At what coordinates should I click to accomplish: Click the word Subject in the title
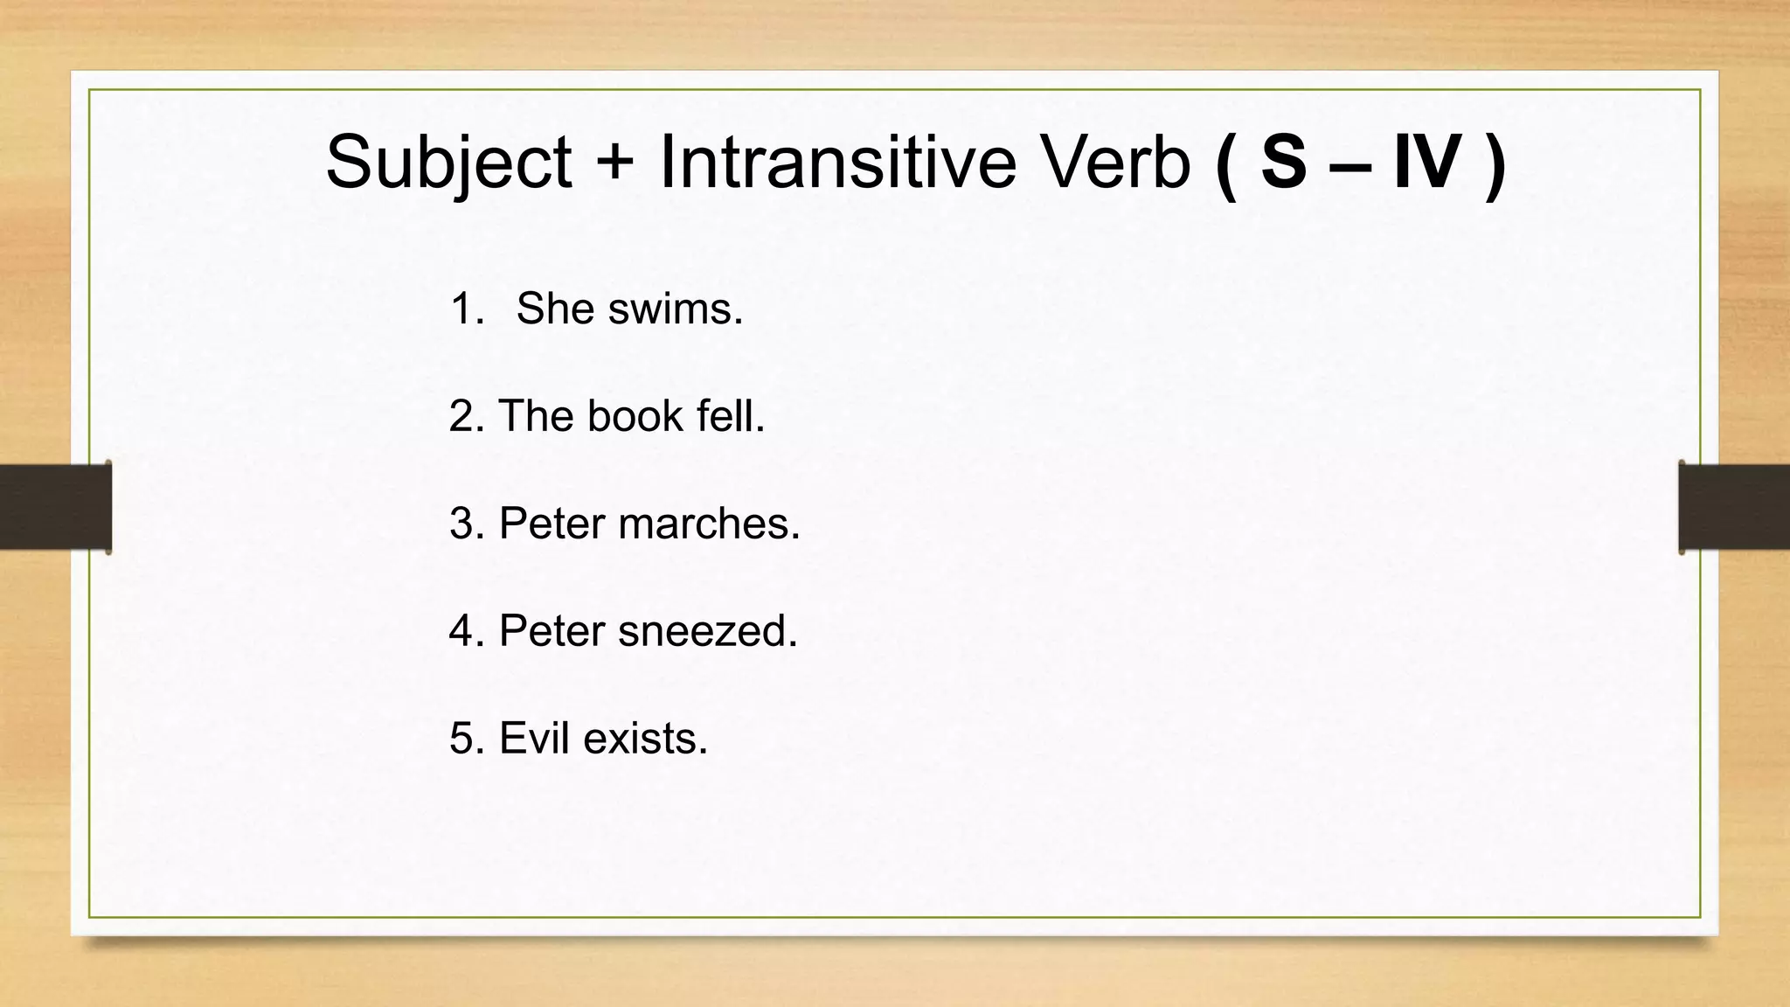[x=448, y=163]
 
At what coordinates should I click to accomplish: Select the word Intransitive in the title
[x=837, y=163]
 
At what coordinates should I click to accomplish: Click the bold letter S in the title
[x=1283, y=163]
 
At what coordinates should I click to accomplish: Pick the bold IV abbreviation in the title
[x=1426, y=163]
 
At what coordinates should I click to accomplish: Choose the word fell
[x=731, y=416]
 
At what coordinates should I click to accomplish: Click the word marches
[x=709, y=524]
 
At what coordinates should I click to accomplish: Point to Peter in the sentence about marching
[x=552, y=524]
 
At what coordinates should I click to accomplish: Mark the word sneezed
[x=708, y=631]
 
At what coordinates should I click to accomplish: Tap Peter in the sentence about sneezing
[x=552, y=631]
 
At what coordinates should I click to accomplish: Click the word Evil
[x=534, y=739]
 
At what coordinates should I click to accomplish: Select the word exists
[x=645, y=739]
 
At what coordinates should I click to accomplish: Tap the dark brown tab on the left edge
[x=55, y=507]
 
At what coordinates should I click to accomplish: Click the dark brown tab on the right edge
[x=1734, y=507]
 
